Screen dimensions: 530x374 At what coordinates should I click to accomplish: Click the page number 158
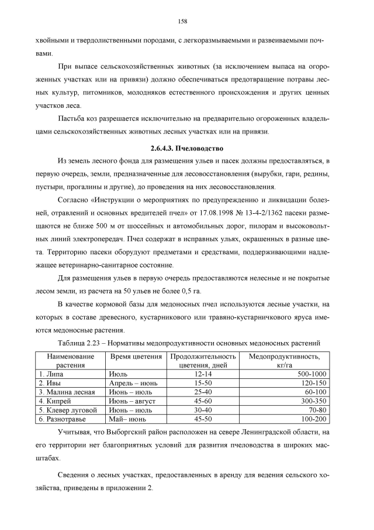pyautogui.click(x=182, y=21)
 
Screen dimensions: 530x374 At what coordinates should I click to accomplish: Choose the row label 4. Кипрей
pyautogui.click(x=56, y=401)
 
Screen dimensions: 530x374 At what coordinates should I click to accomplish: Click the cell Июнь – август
pyautogui.click(x=132, y=401)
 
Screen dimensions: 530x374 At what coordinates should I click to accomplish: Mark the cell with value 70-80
pyautogui.click(x=317, y=411)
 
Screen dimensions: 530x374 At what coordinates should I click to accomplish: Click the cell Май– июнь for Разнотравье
pyautogui.click(x=128, y=420)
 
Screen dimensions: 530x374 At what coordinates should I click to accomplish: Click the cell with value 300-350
pyautogui.click(x=315, y=401)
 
